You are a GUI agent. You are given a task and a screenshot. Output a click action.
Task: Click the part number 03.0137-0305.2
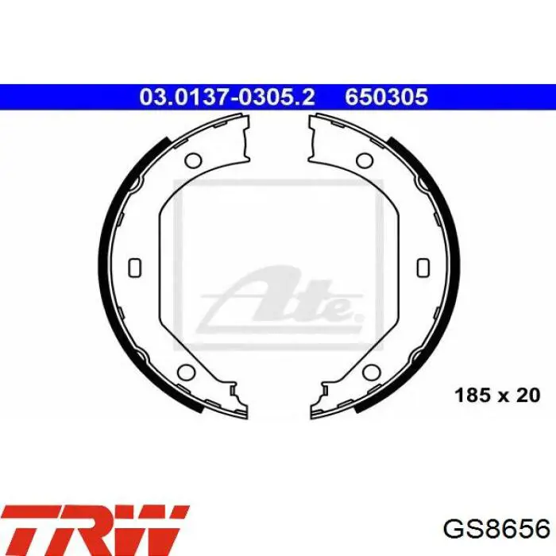227,97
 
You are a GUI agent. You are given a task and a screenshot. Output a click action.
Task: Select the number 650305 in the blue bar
387,97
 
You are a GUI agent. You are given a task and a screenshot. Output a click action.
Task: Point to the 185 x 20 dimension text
497,396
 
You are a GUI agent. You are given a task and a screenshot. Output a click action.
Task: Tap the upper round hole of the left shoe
193,160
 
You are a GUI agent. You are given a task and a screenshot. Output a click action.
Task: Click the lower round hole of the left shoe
187,373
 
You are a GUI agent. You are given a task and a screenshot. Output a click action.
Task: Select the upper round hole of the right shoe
364,160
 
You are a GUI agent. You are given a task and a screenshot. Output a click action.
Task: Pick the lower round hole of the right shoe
371,373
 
